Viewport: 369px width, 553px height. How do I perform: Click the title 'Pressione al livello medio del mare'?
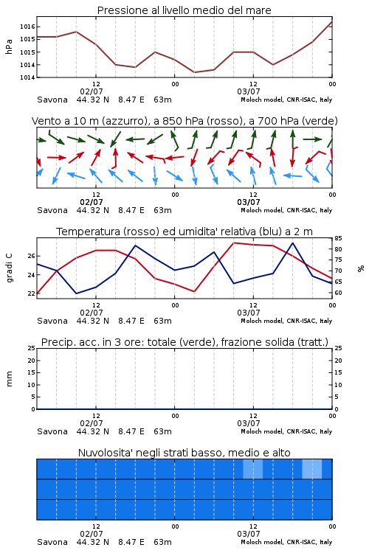coord(184,10)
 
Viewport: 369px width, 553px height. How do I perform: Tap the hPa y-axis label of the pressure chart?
coord(9,46)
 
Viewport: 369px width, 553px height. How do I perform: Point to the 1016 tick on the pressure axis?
coord(27,27)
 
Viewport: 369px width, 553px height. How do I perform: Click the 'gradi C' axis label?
coord(10,268)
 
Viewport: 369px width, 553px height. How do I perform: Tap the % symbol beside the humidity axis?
coord(361,268)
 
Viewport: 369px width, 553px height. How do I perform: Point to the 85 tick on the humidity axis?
coord(338,238)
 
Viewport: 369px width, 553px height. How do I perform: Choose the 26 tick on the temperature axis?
coord(31,256)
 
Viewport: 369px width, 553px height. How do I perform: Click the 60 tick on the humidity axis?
coord(338,293)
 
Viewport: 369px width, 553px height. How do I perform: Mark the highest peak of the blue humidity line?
coord(293,243)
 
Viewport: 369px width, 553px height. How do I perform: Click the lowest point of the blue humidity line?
coord(76,293)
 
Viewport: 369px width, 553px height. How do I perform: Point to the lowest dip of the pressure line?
coord(194,72)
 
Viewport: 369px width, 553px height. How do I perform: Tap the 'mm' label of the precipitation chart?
coord(9,378)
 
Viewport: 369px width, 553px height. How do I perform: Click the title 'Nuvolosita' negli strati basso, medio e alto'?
coord(184,453)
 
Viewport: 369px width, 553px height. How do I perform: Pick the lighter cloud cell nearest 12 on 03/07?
coord(253,469)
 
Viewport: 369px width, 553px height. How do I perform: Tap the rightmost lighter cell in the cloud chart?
coord(312,469)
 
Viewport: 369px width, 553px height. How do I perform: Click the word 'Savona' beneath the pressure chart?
coord(52,100)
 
